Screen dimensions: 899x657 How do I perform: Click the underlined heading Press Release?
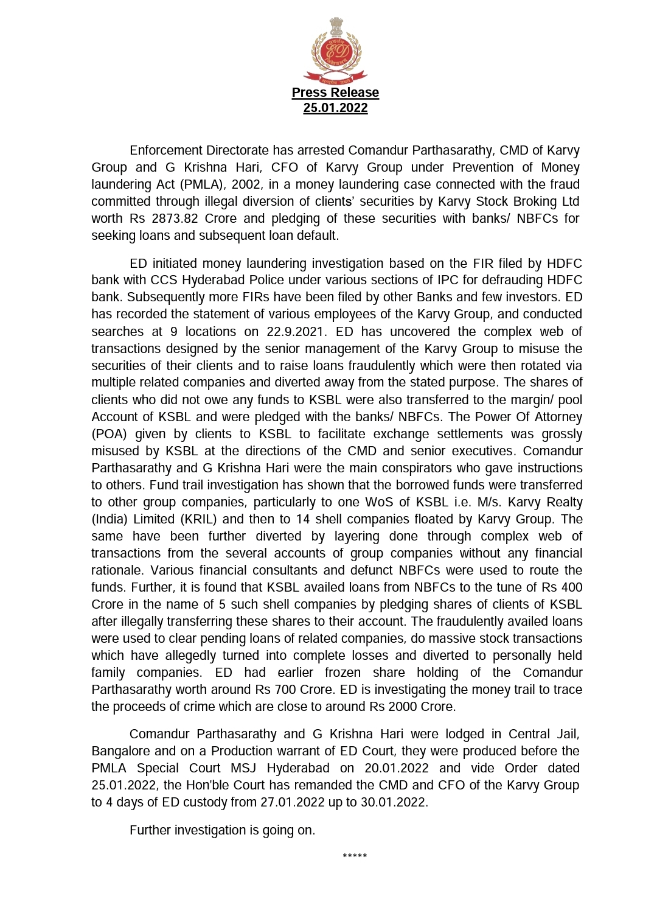point(335,93)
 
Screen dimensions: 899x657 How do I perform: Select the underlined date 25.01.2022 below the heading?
point(335,108)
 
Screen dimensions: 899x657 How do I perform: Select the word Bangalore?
point(119,752)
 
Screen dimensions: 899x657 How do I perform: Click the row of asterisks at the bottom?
point(355,856)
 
